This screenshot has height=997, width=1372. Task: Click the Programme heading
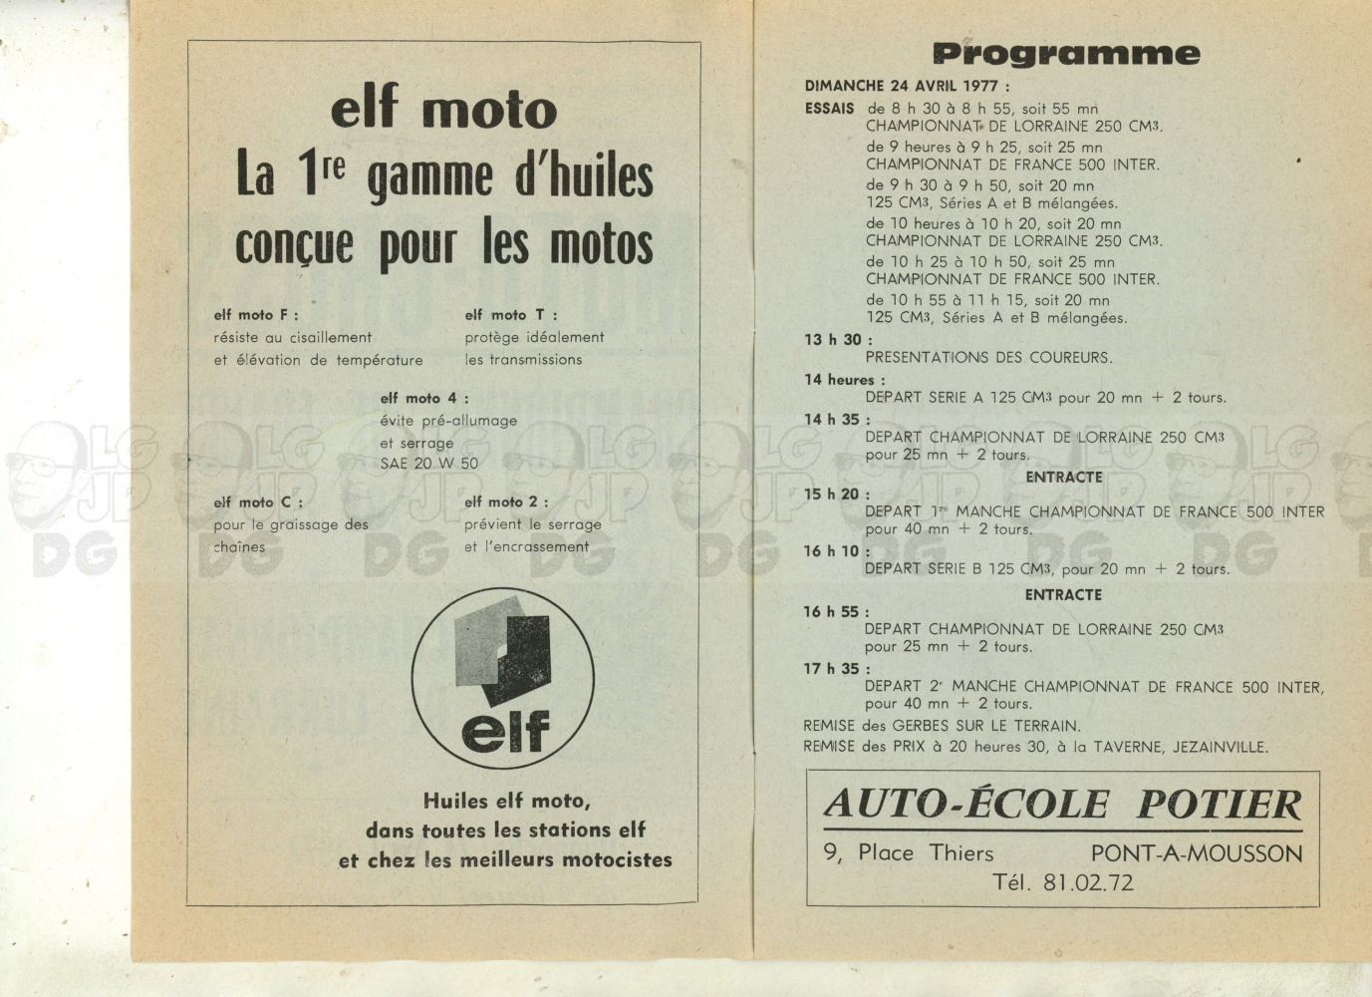pyautogui.click(x=1065, y=54)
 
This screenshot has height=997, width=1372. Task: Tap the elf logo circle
pyautogui.click(x=502, y=678)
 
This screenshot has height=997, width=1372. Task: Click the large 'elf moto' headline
pyautogui.click(x=443, y=109)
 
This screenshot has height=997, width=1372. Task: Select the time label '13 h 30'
pyautogui.click(x=833, y=340)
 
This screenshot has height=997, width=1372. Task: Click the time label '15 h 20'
pyautogui.click(x=833, y=495)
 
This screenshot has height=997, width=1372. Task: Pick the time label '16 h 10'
pyautogui.click(x=833, y=551)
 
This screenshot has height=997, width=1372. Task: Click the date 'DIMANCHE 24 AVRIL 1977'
pyautogui.click(x=907, y=87)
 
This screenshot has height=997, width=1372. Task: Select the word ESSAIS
pyautogui.click(x=829, y=109)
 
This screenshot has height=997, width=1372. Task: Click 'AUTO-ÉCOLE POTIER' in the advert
pyautogui.click(x=1062, y=804)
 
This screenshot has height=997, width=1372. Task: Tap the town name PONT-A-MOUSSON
pyautogui.click(x=1196, y=853)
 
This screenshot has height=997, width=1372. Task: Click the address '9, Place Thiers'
pyautogui.click(x=909, y=853)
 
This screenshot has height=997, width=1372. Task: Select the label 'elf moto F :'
pyautogui.click(x=256, y=315)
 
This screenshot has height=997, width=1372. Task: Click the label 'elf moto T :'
pyautogui.click(x=510, y=315)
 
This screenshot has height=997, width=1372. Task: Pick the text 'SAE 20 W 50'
pyautogui.click(x=428, y=464)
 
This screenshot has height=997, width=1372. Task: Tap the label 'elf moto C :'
pyautogui.click(x=258, y=502)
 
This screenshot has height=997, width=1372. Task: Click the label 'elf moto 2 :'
pyautogui.click(x=506, y=502)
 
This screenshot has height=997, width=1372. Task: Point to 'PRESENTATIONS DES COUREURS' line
pyautogui.click(x=988, y=358)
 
